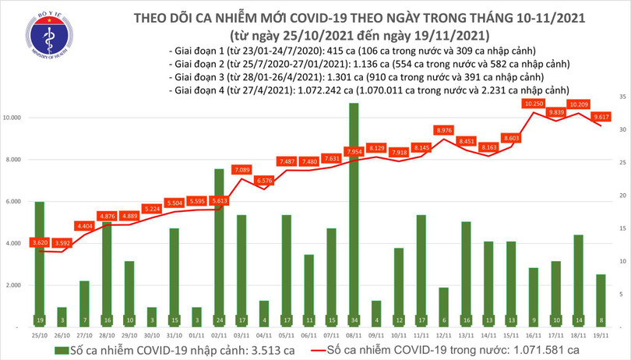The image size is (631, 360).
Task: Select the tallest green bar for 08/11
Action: point(354,210)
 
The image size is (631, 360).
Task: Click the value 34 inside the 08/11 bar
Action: point(354,319)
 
